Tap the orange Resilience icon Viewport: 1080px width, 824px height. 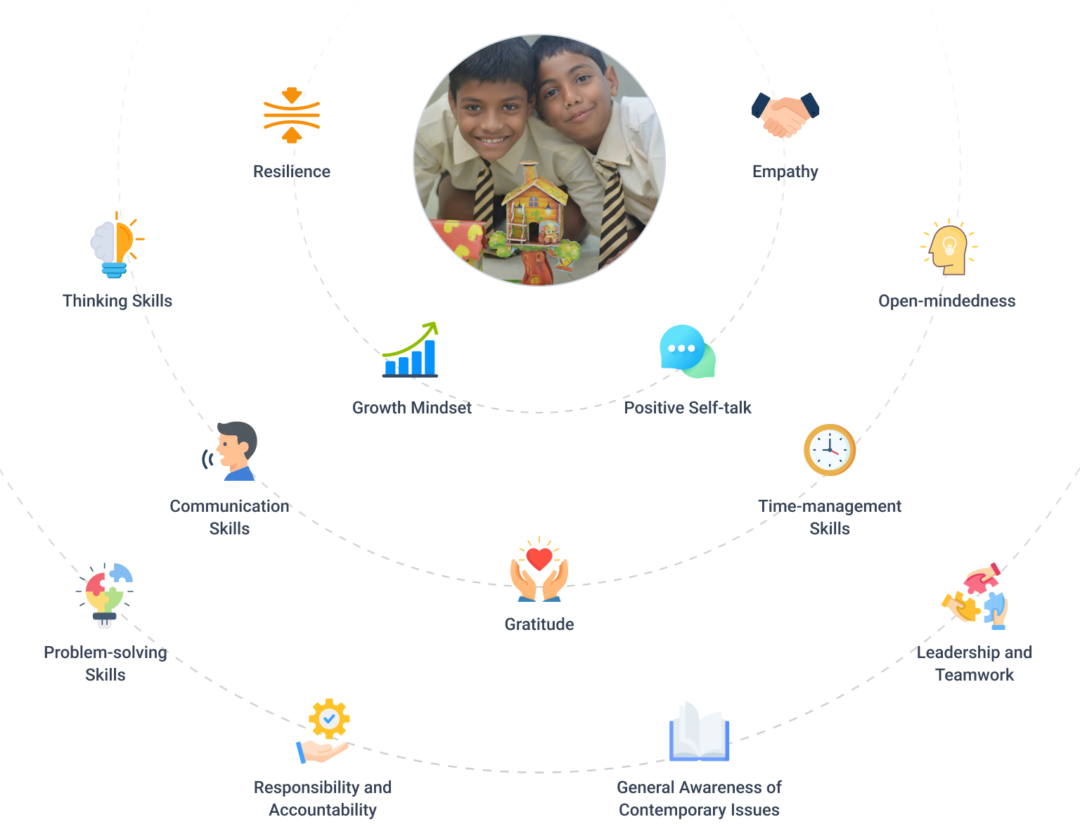coord(291,115)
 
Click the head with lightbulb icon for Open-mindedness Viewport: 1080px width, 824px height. coord(949,248)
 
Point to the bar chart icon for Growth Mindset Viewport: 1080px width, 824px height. coord(410,352)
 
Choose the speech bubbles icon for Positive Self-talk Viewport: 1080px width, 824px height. coord(686,351)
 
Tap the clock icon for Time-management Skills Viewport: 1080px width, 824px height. coord(830,450)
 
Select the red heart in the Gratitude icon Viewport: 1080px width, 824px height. coord(539,559)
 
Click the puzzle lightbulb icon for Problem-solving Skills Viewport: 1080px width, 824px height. coord(105,595)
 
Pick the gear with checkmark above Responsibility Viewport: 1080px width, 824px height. coord(329,719)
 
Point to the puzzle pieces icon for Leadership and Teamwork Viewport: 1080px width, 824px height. coord(975,597)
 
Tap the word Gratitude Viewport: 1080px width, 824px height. coord(539,624)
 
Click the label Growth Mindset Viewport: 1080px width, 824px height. coord(412,408)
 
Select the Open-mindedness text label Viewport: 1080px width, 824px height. coord(946,301)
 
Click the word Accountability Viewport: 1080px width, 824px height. coord(323,810)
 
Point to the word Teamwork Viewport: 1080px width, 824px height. coord(975,675)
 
